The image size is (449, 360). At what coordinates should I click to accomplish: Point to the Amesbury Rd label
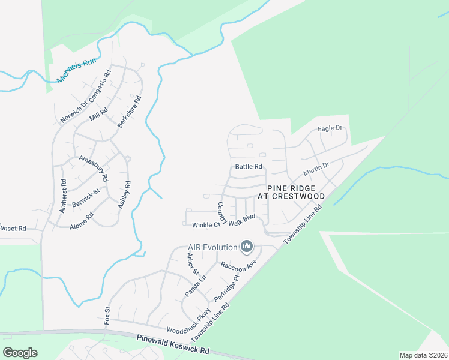[94, 167]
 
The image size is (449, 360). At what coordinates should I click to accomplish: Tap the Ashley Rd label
[124, 196]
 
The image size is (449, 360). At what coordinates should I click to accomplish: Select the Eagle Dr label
[330, 128]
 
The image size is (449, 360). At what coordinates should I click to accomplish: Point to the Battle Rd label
[249, 166]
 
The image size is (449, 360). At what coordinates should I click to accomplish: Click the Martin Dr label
[316, 169]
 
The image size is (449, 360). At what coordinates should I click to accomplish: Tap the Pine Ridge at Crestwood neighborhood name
[291, 192]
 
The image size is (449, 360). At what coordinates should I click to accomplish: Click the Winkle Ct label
[205, 225]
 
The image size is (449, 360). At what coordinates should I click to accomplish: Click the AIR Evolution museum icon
[247, 246]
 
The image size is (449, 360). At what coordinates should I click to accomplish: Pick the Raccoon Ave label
[238, 265]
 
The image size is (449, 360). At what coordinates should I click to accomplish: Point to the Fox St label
[108, 315]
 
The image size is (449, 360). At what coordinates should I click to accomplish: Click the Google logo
[20, 352]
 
